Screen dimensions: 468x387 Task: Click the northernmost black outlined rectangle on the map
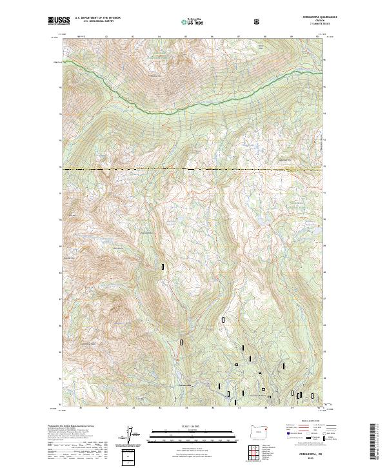click(163, 266)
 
